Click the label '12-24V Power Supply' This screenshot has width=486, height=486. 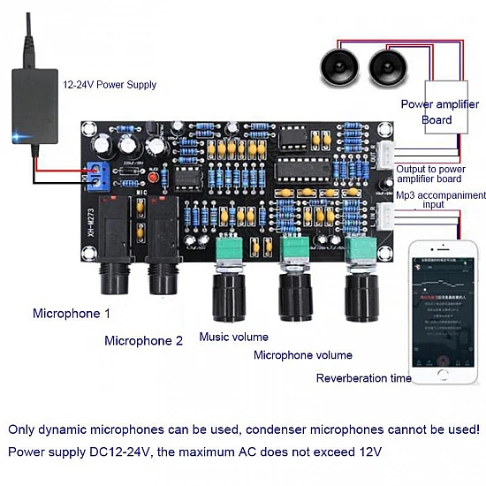pyautogui.click(x=109, y=85)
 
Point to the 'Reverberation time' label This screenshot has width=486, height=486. pyautogui.click(x=363, y=378)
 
